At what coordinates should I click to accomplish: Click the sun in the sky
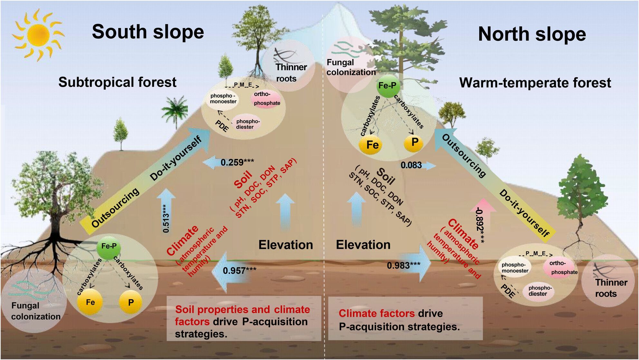[x=38, y=35]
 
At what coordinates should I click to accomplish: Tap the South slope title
[x=148, y=32]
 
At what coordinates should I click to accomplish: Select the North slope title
[x=532, y=34]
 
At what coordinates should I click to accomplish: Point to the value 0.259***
[x=237, y=162]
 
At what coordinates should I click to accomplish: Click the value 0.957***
[x=239, y=270]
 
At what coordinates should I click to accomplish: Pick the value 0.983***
[x=403, y=265]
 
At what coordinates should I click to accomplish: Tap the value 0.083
[x=411, y=165]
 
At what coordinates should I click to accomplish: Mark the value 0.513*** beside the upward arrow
[x=166, y=218]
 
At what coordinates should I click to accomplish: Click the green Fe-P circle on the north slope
[x=387, y=86]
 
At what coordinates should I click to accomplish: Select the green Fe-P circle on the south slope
[x=109, y=246]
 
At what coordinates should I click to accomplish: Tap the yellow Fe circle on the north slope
[x=372, y=145]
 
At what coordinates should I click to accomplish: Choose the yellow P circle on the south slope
[x=130, y=302]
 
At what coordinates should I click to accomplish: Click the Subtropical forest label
[x=117, y=82]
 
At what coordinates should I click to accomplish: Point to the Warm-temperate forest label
[x=535, y=83]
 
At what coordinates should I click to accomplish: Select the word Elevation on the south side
[x=285, y=245]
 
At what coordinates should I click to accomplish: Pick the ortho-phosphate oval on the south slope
[x=266, y=99]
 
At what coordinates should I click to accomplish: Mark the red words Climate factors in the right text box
[x=376, y=313]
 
